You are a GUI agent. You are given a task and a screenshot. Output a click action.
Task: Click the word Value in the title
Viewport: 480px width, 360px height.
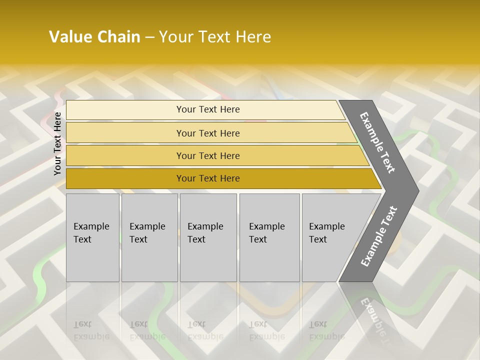[69, 37]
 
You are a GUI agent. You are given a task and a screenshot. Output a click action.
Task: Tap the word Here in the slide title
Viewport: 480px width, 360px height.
[252, 37]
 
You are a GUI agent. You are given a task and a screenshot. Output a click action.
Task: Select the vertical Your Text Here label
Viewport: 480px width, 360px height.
[57, 143]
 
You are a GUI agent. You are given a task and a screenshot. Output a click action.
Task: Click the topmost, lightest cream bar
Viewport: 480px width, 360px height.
[207, 109]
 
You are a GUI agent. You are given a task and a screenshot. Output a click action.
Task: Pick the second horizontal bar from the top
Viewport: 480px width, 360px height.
[207, 133]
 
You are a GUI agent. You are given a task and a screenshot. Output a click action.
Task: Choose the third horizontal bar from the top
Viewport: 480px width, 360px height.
[207, 155]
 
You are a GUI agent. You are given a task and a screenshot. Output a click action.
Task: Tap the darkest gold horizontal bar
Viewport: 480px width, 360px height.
[207, 178]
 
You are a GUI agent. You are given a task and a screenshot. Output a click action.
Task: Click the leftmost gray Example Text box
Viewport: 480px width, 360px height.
[92, 237]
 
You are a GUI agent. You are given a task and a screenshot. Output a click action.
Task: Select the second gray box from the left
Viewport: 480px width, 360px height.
[149, 237]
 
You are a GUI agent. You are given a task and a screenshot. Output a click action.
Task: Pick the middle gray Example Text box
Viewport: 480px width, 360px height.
[208, 237]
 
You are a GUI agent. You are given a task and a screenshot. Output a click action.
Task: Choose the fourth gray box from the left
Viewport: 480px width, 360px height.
[269, 237]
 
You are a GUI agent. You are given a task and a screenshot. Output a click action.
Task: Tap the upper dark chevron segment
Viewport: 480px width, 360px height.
[377, 142]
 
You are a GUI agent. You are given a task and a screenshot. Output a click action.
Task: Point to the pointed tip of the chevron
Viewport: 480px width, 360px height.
[417, 190]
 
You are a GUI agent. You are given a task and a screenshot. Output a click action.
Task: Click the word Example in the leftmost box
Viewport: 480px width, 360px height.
[91, 226]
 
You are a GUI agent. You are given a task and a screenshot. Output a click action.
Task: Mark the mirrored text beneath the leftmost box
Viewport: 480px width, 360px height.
[91, 330]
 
